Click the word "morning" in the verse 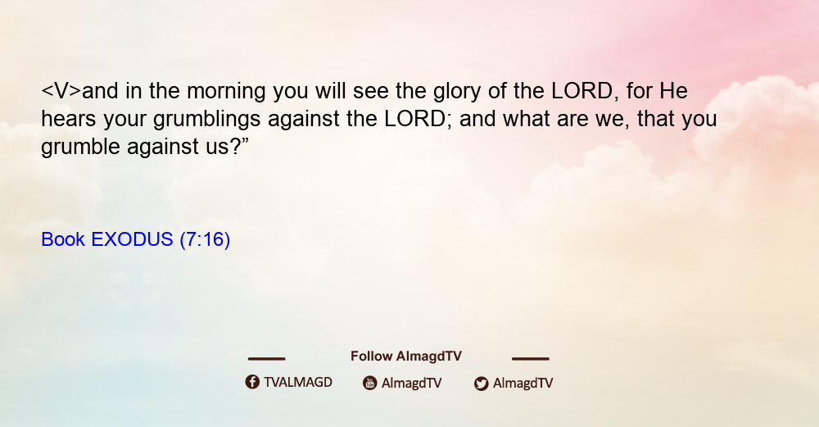pos(226,92)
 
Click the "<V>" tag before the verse pos(61,91)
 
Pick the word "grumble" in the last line pos(80,148)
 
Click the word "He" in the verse pos(673,91)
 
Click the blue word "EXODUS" pos(132,239)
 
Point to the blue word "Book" pos(63,239)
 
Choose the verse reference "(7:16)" pos(205,239)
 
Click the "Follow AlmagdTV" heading pos(406,357)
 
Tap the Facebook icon pos(252,382)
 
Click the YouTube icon pos(370,383)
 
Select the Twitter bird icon pos(481,384)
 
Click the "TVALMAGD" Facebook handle pos(298,382)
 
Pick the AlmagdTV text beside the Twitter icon pos(523,383)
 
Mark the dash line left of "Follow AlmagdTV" pos(266,358)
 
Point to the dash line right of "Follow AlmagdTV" pos(530,358)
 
